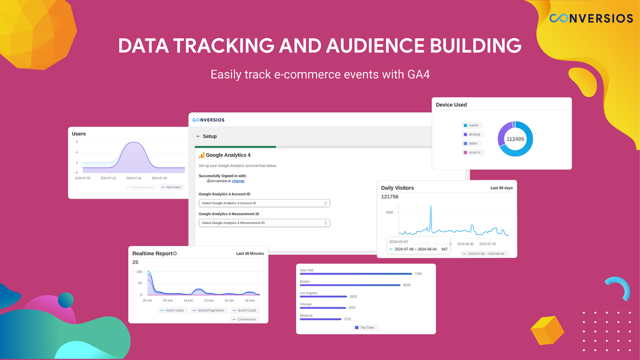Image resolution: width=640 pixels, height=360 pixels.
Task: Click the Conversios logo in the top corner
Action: point(590,18)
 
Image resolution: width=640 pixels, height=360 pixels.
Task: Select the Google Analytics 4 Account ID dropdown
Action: point(264,203)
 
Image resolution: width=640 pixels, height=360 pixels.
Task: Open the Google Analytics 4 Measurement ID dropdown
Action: point(264,223)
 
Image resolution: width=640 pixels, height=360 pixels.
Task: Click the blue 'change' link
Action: point(238,181)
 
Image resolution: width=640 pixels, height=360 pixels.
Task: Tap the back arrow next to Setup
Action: point(198,136)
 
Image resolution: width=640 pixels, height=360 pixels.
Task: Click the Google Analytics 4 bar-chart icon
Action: point(201,155)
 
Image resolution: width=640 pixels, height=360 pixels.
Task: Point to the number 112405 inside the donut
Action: point(515,139)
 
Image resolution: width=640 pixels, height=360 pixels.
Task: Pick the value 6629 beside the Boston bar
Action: point(406,285)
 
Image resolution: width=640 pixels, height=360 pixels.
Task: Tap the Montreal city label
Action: point(306,315)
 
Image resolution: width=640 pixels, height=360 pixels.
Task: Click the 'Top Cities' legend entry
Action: point(366,327)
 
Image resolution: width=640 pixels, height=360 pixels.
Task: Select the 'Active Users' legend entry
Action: point(172,310)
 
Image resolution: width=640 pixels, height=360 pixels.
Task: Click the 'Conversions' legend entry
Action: point(244,319)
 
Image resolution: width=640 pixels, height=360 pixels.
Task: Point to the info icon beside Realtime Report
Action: point(174,253)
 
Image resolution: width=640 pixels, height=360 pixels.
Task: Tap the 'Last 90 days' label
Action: point(501,188)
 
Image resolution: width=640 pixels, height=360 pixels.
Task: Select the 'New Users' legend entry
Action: point(171,187)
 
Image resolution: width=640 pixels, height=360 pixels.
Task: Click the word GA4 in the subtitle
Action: point(418,74)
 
